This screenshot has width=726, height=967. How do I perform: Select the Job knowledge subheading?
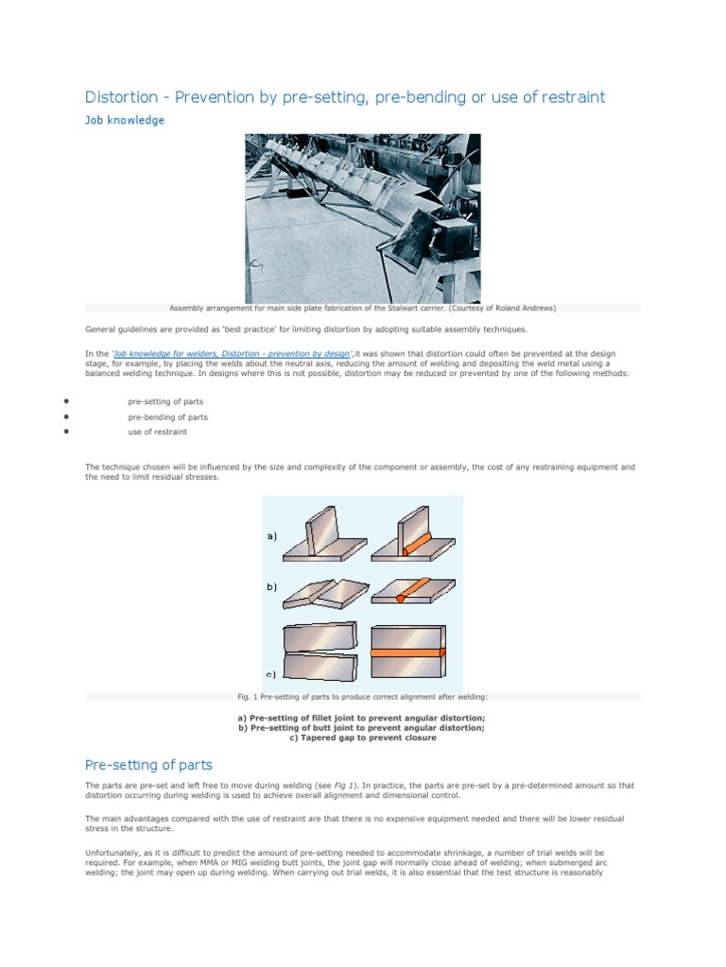pos(125,120)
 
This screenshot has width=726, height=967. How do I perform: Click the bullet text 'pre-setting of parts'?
pos(165,401)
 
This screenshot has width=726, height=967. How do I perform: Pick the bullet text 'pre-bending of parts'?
pos(167,416)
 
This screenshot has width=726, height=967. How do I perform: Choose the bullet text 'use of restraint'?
pos(157,432)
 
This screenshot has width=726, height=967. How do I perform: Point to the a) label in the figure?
pos(271,536)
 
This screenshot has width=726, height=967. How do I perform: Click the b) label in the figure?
pos(271,586)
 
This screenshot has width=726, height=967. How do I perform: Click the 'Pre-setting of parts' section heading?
pos(148,764)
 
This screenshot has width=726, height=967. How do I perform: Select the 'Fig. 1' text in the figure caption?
pos(248,697)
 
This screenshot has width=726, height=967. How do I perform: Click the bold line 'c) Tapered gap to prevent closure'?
pos(362,738)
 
